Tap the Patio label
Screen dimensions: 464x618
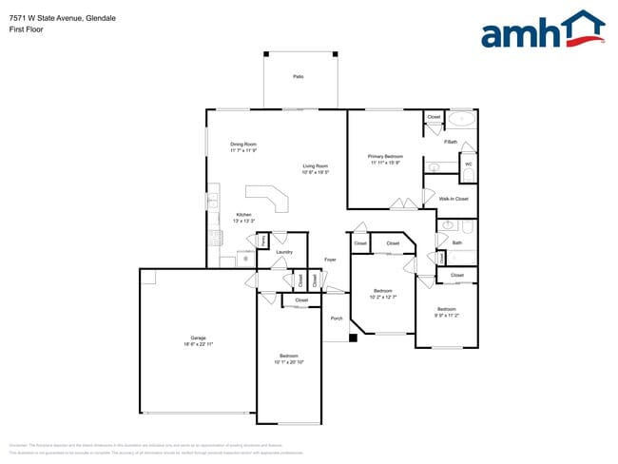299,75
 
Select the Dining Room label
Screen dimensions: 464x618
243,145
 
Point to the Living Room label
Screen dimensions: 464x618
316,165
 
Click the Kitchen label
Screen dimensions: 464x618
244,215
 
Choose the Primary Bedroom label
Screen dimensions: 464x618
386,156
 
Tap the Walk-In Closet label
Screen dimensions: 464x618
454,199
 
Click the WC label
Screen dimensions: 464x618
468,164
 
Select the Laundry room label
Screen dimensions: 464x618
284,252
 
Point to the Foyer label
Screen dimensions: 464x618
330,260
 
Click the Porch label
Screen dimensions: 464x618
337,319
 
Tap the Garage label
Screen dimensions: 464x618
198,338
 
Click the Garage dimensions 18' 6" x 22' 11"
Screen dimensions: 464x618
198,344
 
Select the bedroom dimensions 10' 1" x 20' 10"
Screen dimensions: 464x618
289,361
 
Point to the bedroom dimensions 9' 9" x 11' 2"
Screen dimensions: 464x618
447,315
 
